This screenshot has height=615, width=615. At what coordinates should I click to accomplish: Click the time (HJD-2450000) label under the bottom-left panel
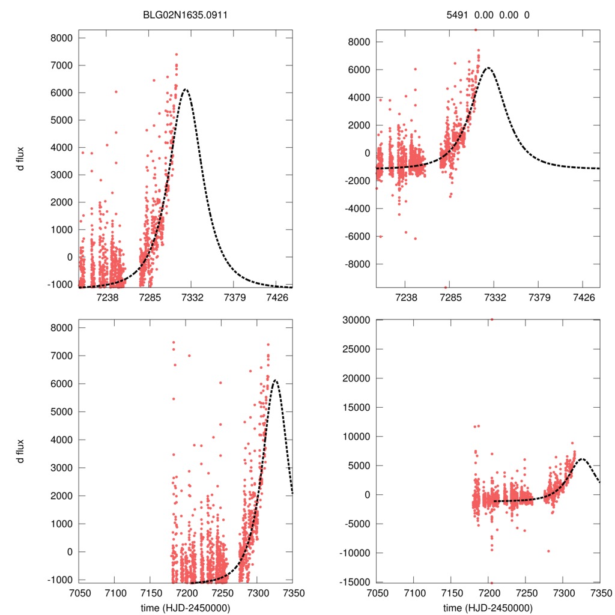click(184, 608)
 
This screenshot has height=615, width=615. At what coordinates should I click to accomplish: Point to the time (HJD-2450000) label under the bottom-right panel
click(488, 608)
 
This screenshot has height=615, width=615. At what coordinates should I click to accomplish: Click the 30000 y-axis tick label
click(356, 320)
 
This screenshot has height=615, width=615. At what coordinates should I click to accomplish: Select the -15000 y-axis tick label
click(354, 582)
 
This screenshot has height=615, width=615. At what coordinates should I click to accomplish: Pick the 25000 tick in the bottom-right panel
click(356, 349)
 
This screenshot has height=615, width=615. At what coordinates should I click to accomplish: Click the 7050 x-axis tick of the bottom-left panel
click(79, 592)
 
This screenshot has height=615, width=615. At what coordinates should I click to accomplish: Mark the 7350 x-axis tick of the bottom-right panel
click(599, 592)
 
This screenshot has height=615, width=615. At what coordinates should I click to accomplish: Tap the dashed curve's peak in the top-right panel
click(489, 68)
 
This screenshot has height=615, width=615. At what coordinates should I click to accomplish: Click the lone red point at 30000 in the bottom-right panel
click(491, 320)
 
